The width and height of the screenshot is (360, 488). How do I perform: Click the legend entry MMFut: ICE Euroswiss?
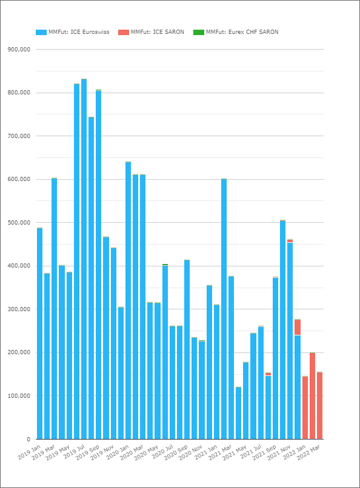pos(73,32)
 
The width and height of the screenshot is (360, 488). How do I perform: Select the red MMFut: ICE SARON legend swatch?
pos(123,32)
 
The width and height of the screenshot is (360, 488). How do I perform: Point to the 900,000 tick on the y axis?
pos(19,50)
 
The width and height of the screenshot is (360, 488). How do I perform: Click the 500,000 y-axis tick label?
pos(19,223)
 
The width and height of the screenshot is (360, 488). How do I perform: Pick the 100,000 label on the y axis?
pos(19,396)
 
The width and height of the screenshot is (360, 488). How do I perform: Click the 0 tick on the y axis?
pos(28,439)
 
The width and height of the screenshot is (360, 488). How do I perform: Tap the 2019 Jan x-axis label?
pos(30,452)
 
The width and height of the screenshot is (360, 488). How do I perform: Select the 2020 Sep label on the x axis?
pos(176,452)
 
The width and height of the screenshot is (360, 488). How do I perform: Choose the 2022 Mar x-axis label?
pos(308,452)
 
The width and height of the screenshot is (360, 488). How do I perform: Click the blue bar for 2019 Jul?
pos(84,259)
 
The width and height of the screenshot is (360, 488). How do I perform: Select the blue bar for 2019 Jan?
pos(39,334)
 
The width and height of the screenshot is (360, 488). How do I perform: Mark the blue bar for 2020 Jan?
pos(128,301)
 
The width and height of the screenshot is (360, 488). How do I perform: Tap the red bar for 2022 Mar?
pos(319,406)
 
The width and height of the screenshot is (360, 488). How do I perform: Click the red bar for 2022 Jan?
pos(305,408)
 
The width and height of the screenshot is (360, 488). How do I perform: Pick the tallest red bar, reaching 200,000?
pos(312,396)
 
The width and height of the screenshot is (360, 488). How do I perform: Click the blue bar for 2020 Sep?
pos(187,350)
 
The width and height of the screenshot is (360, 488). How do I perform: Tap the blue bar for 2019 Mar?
pos(54,309)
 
